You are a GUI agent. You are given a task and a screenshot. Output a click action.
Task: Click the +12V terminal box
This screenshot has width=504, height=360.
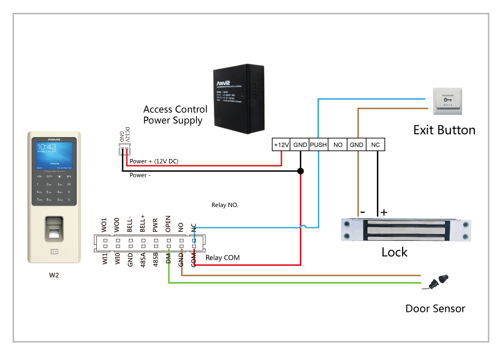click(x=281, y=144)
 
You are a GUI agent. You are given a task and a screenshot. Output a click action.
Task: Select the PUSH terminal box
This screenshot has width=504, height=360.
click(x=319, y=144)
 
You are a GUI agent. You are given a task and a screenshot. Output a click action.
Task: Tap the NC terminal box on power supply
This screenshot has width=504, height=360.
click(x=375, y=144)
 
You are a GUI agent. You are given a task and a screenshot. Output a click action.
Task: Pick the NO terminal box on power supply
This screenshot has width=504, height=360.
click(x=338, y=144)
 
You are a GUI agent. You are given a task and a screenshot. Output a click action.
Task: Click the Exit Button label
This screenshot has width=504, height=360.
click(x=444, y=130)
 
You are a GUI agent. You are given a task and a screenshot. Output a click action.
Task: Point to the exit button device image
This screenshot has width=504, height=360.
click(x=447, y=100)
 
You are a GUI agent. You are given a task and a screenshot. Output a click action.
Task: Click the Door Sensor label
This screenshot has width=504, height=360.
click(x=435, y=308)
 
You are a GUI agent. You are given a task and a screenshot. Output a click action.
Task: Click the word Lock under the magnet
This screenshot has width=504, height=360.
click(x=394, y=252)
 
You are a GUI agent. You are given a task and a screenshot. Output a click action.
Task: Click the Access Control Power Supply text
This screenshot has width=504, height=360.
click(x=175, y=115)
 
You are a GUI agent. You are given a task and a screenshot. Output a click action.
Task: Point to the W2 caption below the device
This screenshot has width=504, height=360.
click(x=54, y=275)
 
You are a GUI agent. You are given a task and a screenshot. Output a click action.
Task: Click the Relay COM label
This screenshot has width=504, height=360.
click(x=222, y=258)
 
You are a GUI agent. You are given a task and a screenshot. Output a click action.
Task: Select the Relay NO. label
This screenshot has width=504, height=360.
click(x=225, y=205)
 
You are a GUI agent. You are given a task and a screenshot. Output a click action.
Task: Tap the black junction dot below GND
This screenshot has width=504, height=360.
click(x=300, y=171)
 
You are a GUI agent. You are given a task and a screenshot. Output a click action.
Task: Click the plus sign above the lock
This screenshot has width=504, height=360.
click(x=384, y=213)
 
